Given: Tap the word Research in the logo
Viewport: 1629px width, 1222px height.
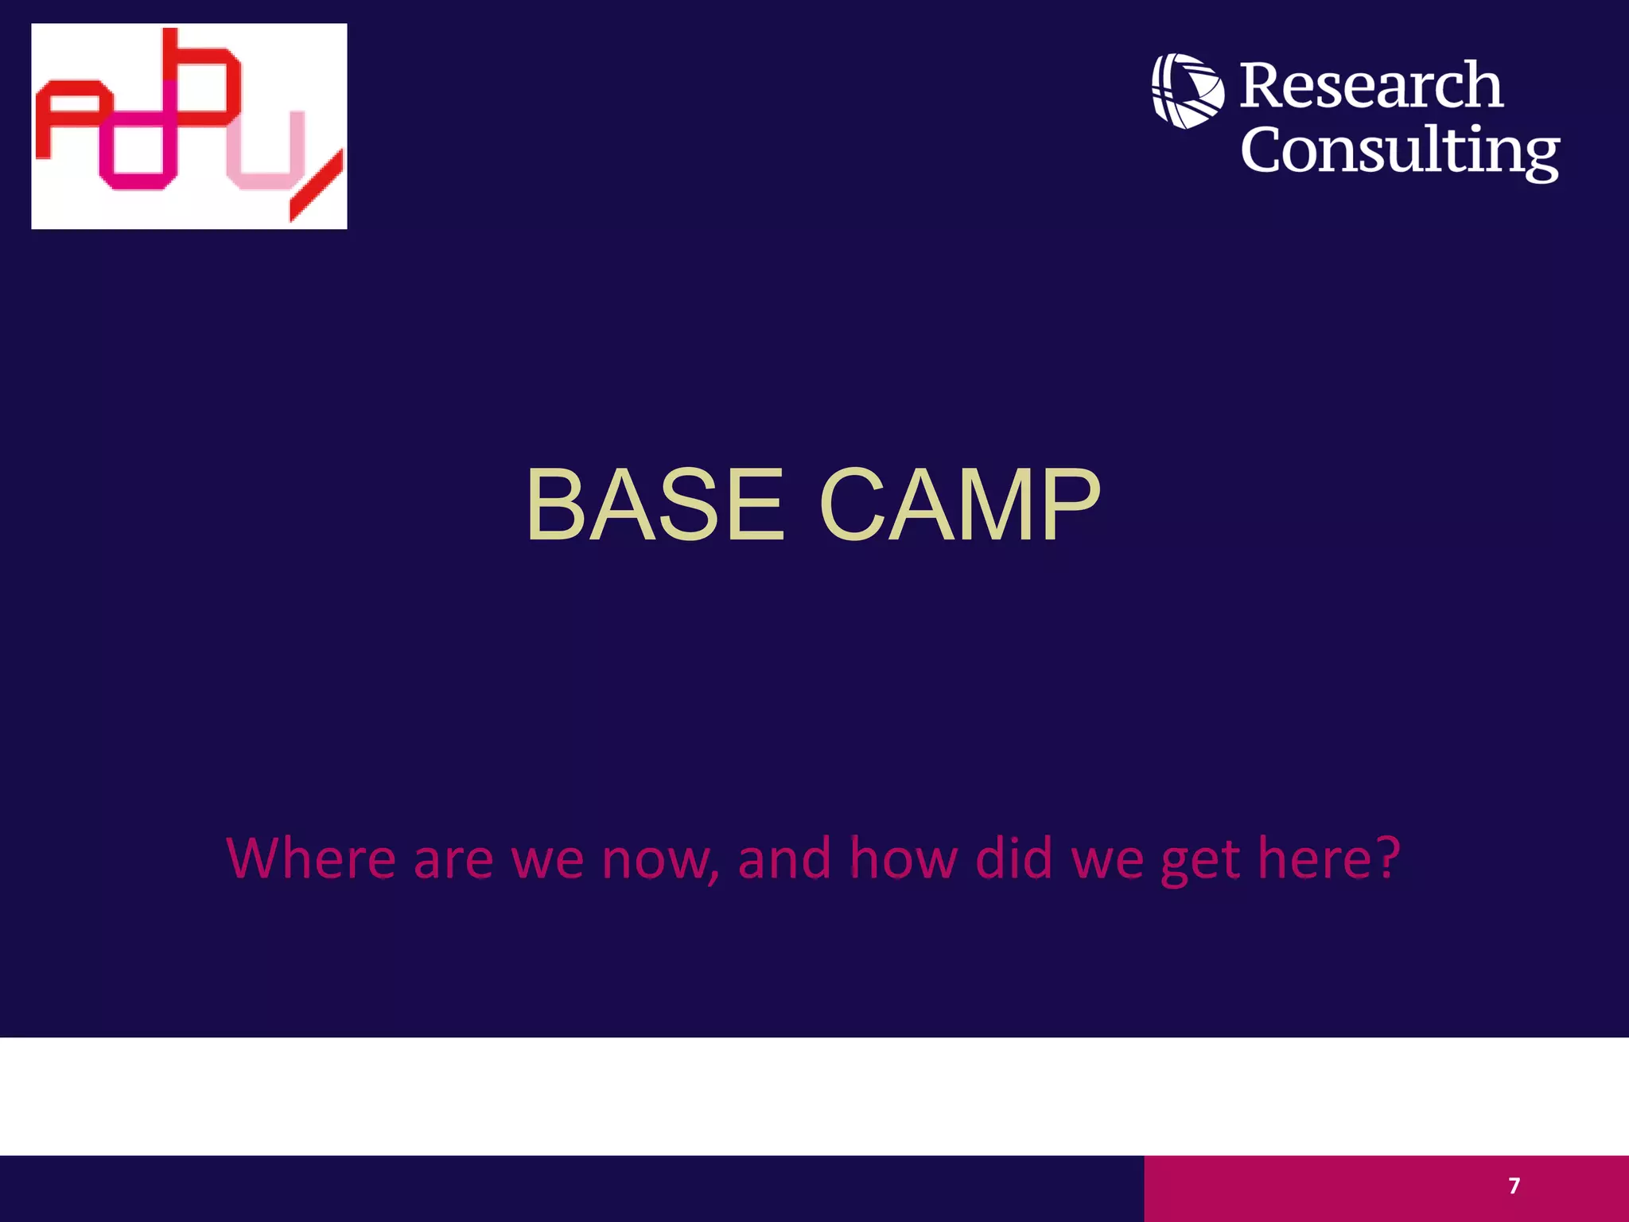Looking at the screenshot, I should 1370,86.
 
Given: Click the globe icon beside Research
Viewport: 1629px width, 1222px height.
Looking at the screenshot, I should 1188,91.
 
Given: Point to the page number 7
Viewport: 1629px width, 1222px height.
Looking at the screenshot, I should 1514,1186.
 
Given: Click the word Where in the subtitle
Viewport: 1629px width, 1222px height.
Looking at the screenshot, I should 310,858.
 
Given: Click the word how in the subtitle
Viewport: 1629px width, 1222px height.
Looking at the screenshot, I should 903,858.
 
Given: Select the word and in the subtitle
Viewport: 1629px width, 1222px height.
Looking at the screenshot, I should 784,858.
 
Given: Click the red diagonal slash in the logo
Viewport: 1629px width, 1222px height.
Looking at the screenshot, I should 317,186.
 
